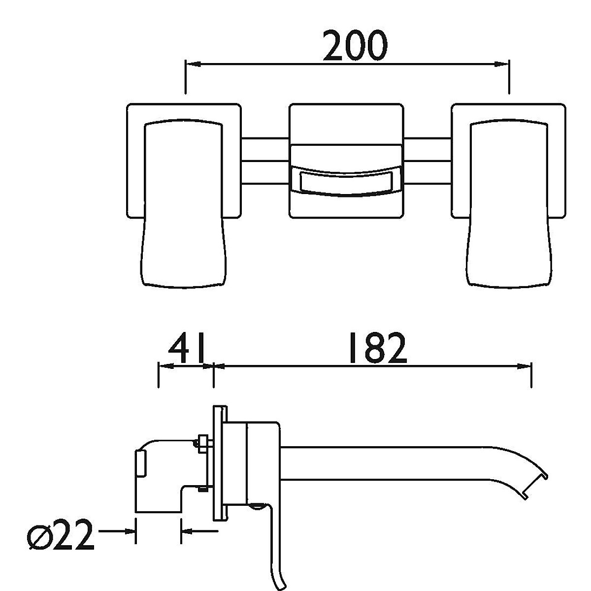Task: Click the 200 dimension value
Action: pyautogui.click(x=355, y=45)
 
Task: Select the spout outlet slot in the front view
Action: pyautogui.click(x=345, y=181)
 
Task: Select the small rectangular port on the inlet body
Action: pyautogui.click(x=141, y=463)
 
